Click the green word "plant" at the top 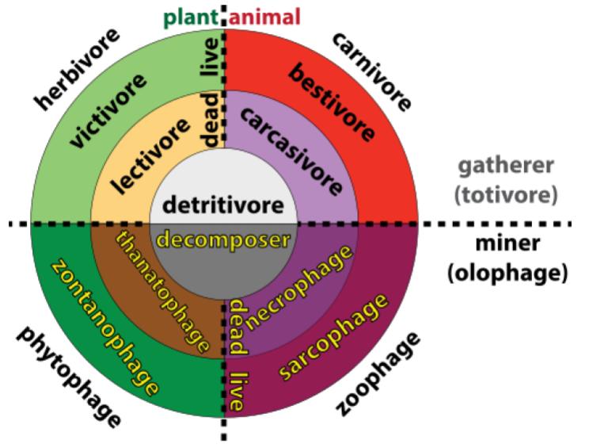[x=191, y=16]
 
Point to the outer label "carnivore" [x=371, y=71]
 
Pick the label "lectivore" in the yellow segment [x=151, y=155]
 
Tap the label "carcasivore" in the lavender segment [x=291, y=151]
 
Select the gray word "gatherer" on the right [x=507, y=167]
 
